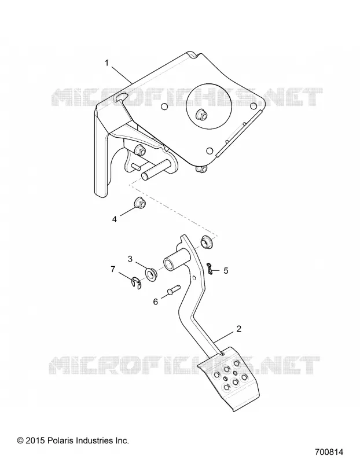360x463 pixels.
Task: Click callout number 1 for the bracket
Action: click(x=106, y=63)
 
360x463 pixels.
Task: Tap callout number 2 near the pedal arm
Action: click(x=239, y=329)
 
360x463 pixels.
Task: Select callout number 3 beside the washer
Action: click(x=130, y=259)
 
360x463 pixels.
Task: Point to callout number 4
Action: click(x=114, y=219)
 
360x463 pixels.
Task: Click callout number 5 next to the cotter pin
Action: click(x=226, y=271)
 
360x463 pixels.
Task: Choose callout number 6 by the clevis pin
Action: click(x=156, y=302)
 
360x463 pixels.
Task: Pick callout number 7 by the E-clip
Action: click(x=112, y=269)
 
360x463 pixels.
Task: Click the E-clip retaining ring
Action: click(x=136, y=283)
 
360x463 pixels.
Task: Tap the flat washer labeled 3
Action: click(x=150, y=274)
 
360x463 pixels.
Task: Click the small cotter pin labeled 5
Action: click(x=210, y=268)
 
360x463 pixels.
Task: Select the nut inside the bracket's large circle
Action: click(x=203, y=114)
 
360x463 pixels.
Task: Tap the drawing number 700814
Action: click(x=329, y=452)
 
